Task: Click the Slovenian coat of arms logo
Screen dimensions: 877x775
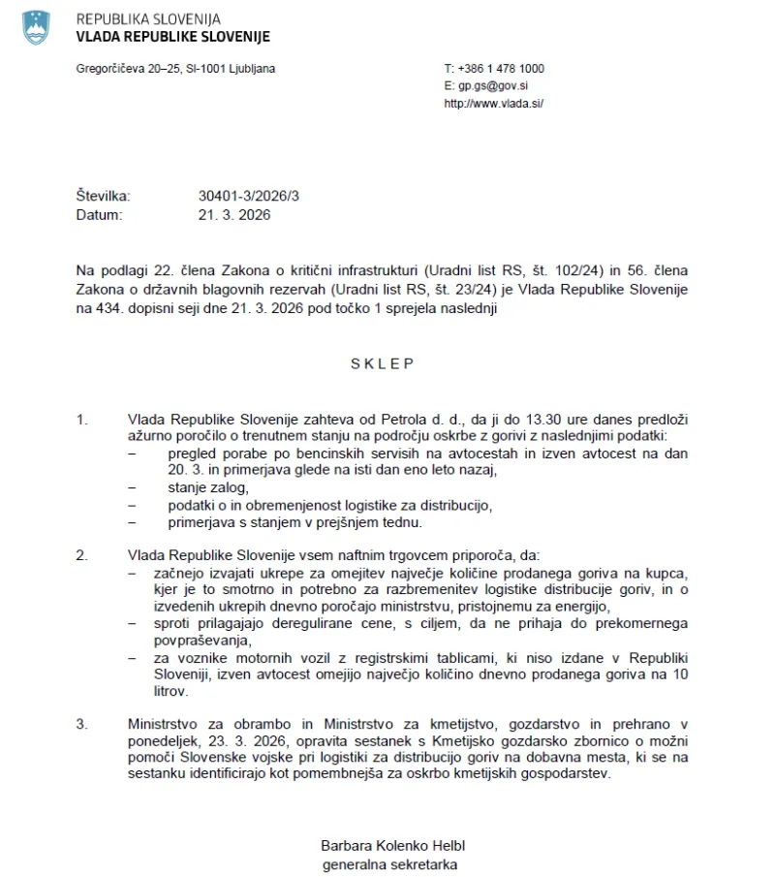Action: [x=36, y=27]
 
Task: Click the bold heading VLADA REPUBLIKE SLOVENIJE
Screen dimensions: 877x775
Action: [x=172, y=37]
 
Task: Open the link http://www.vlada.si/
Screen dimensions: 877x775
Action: [x=493, y=104]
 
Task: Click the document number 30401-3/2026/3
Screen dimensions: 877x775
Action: [x=249, y=196]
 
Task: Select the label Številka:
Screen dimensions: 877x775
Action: [x=103, y=196]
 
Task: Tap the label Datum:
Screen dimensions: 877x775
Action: [x=99, y=214]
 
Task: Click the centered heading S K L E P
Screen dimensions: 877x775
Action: [x=382, y=364]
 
